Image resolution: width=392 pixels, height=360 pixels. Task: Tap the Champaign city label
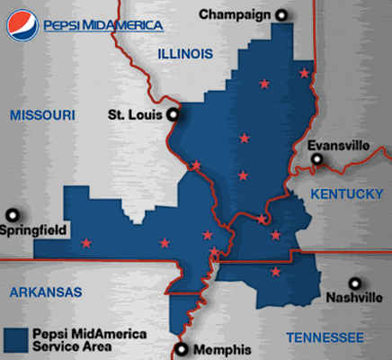[236, 14]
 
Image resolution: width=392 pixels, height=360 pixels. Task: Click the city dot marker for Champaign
[282, 14]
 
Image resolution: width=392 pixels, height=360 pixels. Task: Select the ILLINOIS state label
[185, 54]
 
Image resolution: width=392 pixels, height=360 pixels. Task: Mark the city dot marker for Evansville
[316, 160]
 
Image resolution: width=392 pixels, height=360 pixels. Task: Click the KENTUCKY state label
[346, 194]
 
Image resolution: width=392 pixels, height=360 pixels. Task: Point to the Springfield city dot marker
[12, 215]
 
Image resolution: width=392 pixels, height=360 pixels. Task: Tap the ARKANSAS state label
[44, 292]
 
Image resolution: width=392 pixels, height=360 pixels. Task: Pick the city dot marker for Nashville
[358, 281]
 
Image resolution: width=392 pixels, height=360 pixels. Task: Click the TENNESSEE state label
[325, 337]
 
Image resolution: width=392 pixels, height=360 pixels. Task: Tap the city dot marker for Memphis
[183, 349]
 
